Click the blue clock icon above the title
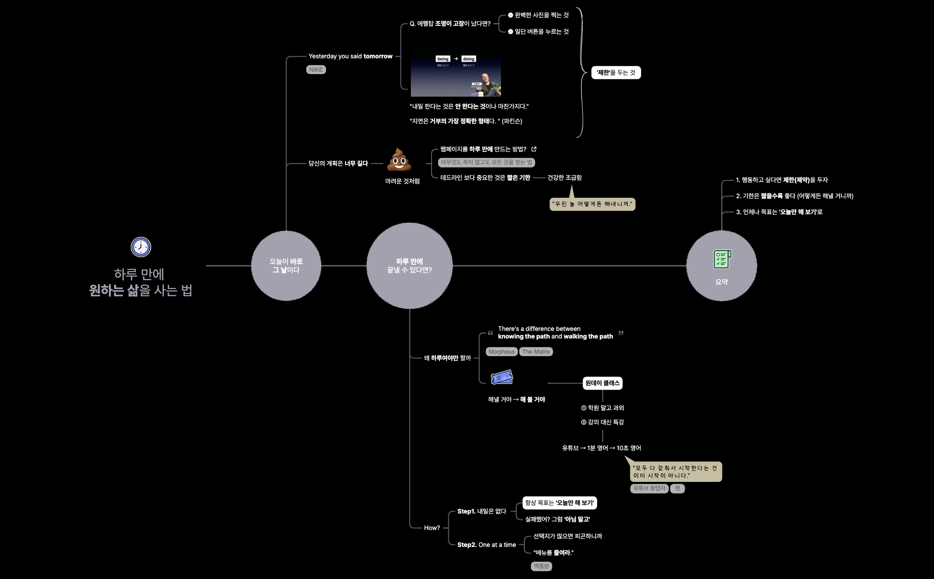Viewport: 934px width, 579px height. (x=141, y=247)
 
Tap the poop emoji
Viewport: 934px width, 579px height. (x=399, y=160)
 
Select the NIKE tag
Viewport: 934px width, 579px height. (x=316, y=69)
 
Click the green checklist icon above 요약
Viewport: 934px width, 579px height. (x=722, y=259)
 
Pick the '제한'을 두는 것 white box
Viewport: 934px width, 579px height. (x=616, y=73)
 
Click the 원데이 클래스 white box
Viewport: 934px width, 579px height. (x=602, y=383)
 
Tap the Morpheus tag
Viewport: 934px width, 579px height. (x=501, y=352)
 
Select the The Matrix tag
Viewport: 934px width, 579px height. (x=536, y=352)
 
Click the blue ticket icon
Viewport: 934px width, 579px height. (x=502, y=378)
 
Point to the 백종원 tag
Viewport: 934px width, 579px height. (x=541, y=566)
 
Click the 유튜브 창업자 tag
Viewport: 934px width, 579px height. (x=650, y=488)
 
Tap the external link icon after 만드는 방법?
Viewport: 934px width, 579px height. (x=534, y=149)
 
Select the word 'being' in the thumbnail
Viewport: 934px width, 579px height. (x=443, y=59)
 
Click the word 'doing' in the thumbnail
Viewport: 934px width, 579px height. (x=469, y=59)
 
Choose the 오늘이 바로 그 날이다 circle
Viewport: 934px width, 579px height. (x=286, y=265)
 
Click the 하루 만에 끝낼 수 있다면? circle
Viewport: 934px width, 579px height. (x=409, y=265)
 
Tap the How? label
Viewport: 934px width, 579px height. (x=432, y=528)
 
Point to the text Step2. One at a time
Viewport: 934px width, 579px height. (x=487, y=545)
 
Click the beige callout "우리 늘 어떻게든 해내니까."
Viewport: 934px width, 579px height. (x=592, y=204)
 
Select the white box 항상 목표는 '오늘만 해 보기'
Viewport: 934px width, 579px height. (x=559, y=503)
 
